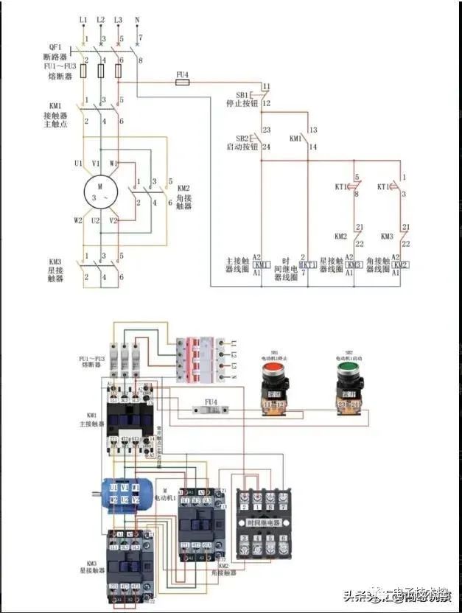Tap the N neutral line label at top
point(137,18)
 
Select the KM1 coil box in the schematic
point(262,265)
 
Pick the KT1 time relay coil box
point(308,265)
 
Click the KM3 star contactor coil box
point(354,265)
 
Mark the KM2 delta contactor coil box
point(400,265)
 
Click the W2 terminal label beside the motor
point(77,220)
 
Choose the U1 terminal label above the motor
point(77,163)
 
